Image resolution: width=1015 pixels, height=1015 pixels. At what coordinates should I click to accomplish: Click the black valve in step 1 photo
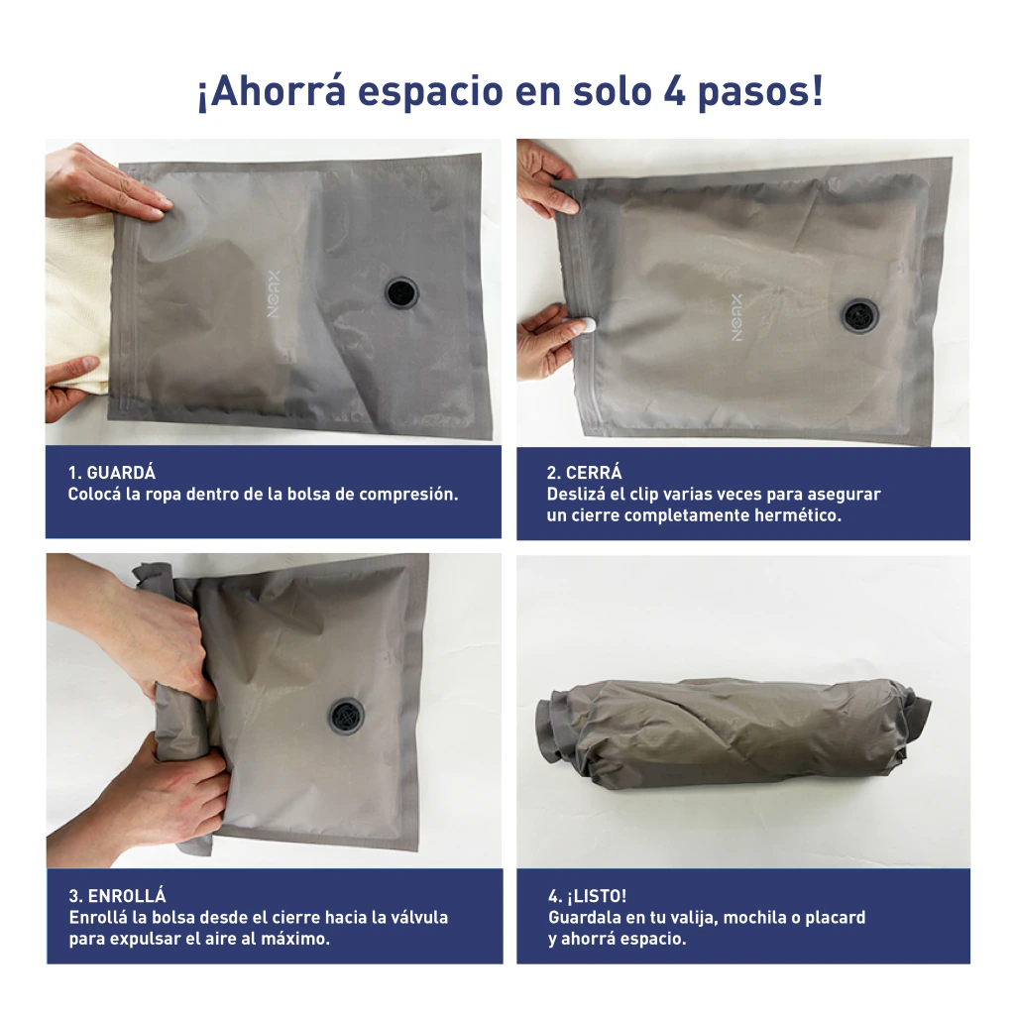tap(402, 292)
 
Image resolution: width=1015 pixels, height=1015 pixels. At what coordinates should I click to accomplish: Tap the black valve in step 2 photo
tap(860, 316)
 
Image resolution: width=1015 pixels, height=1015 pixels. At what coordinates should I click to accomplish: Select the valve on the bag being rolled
tap(346, 716)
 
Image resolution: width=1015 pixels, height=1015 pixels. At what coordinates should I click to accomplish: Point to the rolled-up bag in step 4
tap(733, 730)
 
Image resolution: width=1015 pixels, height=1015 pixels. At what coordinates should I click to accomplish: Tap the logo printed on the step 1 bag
tap(274, 293)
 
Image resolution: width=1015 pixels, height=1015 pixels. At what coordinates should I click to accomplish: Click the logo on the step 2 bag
tap(736, 317)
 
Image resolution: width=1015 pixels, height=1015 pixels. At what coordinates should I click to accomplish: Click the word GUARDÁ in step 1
tap(121, 473)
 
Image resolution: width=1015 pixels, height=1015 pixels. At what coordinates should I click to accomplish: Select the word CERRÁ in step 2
tap(594, 473)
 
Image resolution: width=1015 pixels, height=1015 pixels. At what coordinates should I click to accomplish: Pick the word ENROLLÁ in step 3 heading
tap(127, 896)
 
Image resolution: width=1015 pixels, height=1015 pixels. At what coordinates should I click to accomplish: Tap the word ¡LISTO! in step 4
tap(597, 896)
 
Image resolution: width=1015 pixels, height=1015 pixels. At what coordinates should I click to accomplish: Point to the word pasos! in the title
tap(761, 92)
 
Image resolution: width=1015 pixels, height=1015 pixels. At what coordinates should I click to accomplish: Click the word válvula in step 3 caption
tap(418, 917)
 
